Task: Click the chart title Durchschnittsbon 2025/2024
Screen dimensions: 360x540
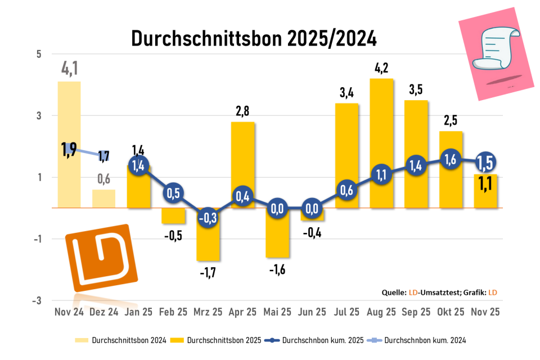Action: tap(254, 38)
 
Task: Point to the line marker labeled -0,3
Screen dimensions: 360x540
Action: tap(208, 218)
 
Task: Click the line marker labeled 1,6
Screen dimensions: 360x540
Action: tap(451, 160)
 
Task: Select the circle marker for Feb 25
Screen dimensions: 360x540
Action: tap(173, 192)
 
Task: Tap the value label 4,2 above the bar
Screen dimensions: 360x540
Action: tap(381, 69)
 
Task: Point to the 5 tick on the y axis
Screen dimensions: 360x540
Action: tap(39, 54)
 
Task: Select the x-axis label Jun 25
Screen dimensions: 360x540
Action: tap(312, 312)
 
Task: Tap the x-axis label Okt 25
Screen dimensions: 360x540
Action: tap(451, 312)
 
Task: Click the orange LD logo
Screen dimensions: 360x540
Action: tap(102, 258)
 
